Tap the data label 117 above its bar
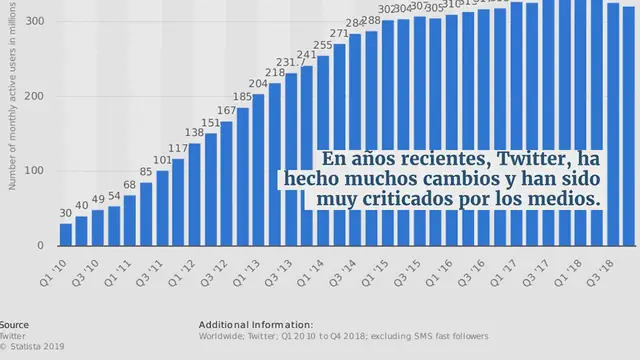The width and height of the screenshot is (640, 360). pyautogui.click(x=178, y=149)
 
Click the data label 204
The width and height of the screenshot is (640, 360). pyautogui.click(x=259, y=84)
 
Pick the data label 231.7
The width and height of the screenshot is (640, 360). pyautogui.click(x=290, y=63)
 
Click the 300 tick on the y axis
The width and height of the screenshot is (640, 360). pyautogui.click(x=33, y=21)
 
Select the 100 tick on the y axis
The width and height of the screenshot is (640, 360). pyautogui.click(x=33, y=171)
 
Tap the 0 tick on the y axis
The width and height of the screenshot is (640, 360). pyautogui.click(x=39, y=246)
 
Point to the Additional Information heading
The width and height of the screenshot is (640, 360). pyautogui.click(x=256, y=325)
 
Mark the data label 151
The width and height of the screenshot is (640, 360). pyautogui.click(x=211, y=123)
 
